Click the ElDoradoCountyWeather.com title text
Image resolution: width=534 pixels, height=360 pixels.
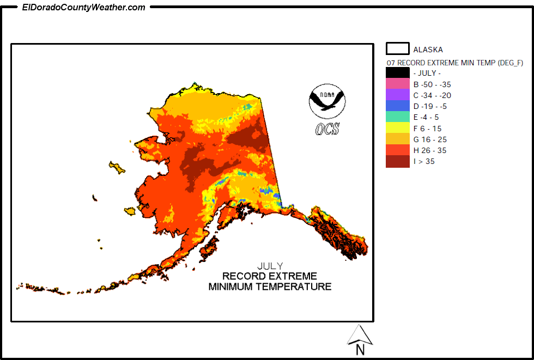pyautogui.click(x=84, y=7)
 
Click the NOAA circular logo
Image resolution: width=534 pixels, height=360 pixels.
pyautogui.click(x=327, y=101)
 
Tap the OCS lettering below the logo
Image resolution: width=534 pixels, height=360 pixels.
pyautogui.click(x=327, y=129)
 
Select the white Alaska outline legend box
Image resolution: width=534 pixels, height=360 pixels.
pyautogui.click(x=397, y=49)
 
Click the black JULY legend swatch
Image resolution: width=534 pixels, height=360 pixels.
pyautogui.click(x=397, y=73)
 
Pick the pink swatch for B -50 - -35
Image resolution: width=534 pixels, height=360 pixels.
pyautogui.click(x=397, y=84)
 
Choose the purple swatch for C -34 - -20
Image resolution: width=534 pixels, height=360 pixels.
pyautogui.click(x=397, y=95)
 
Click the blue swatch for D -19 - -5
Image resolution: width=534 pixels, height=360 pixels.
pyautogui.click(x=397, y=106)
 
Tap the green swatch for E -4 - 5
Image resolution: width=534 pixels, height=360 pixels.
pyautogui.click(x=397, y=117)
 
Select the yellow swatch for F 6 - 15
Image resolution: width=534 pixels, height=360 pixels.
pyautogui.click(x=397, y=128)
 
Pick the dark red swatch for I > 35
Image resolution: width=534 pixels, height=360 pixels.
pyautogui.click(x=397, y=161)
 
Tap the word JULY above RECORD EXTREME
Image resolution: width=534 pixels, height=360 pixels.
pyautogui.click(x=270, y=266)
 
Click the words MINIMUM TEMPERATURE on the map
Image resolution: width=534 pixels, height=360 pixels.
pyautogui.click(x=270, y=286)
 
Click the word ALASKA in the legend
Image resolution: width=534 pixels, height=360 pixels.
pyautogui.click(x=428, y=50)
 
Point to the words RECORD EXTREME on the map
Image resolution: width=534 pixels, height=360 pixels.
pyautogui.click(x=270, y=276)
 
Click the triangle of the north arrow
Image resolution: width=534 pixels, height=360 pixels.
pyautogui.click(x=360, y=335)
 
